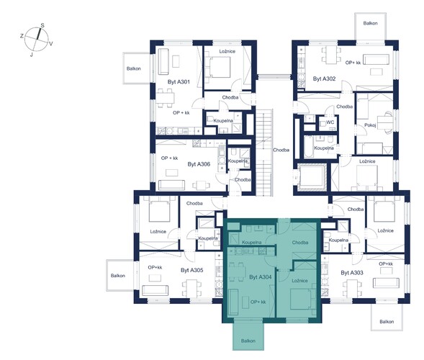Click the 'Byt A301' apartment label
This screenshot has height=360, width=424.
[x=179, y=81]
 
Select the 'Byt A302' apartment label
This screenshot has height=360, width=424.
[x=324, y=78]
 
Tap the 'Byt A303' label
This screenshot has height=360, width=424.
[x=352, y=273]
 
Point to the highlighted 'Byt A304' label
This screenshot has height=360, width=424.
[x=261, y=277]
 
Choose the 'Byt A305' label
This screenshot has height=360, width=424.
[x=191, y=270]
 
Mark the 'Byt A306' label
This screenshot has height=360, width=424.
[x=199, y=164]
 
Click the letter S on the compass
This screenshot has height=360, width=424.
[x=42, y=25]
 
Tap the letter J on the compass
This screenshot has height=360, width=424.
[x=32, y=55]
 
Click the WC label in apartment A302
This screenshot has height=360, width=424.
[x=330, y=122]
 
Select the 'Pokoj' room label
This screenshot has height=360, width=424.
[x=370, y=125]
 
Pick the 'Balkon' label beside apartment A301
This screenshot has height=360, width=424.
[x=134, y=68]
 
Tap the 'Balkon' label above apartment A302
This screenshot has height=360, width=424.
[x=370, y=23]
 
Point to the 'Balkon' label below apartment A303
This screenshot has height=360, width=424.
[x=387, y=322]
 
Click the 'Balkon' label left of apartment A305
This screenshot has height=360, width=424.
[x=117, y=276]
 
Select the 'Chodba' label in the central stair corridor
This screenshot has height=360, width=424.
[x=281, y=150]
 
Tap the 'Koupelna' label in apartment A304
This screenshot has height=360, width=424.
[x=251, y=243]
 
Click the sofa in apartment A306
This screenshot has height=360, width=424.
[x=171, y=185]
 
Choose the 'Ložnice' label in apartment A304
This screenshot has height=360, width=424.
[x=299, y=281]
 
